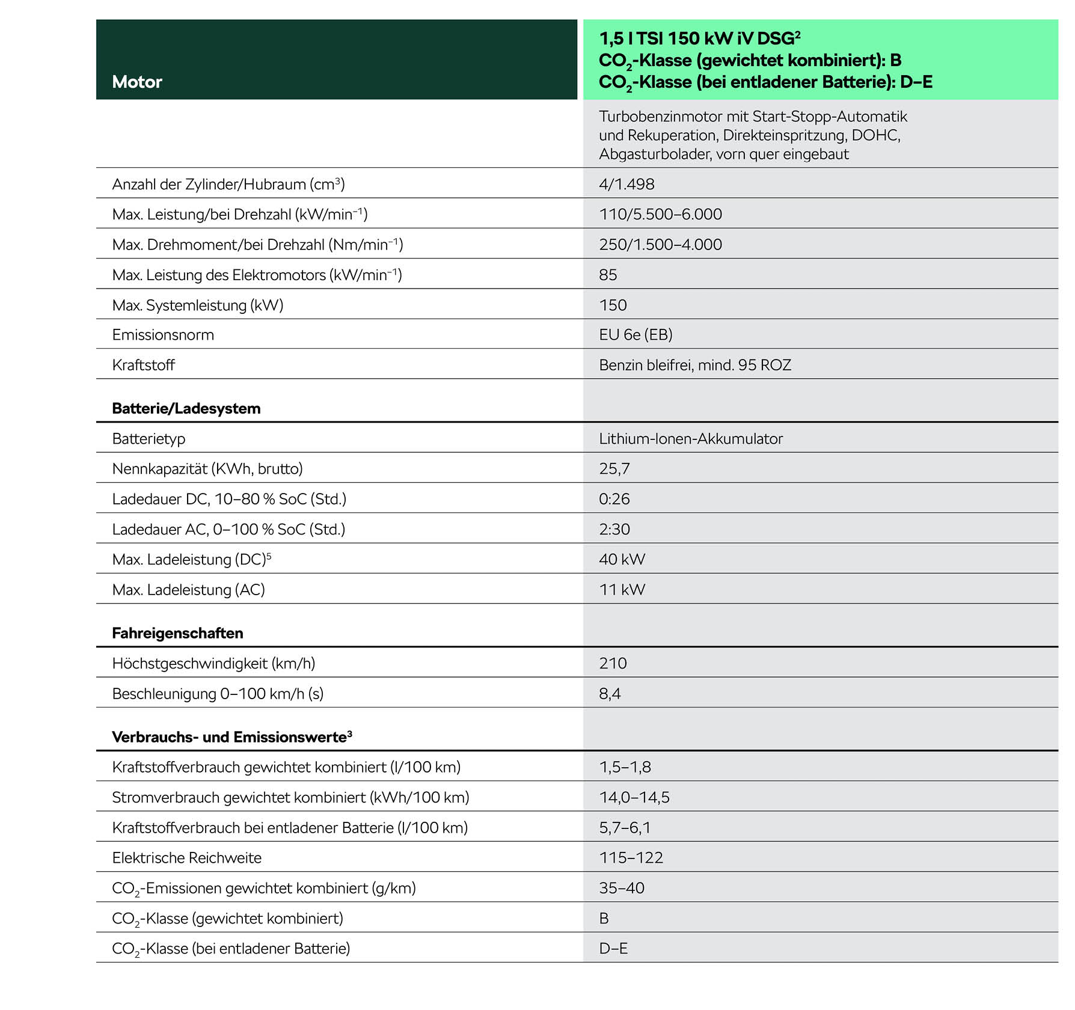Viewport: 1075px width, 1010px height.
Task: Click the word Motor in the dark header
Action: tap(137, 82)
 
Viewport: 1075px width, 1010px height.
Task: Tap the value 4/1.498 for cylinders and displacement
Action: tap(626, 184)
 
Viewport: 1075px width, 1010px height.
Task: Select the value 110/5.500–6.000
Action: tap(660, 214)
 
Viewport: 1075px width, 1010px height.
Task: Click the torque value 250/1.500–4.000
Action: tap(660, 244)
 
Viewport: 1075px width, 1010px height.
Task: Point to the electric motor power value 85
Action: tap(608, 275)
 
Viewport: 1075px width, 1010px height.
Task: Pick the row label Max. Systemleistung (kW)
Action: tap(197, 305)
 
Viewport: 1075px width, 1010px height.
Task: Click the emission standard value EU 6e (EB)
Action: tap(636, 335)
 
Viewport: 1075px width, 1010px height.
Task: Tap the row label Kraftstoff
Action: tap(143, 365)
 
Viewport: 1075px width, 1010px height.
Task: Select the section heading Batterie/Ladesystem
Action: tap(186, 409)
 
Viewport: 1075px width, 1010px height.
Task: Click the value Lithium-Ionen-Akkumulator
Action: tap(691, 439)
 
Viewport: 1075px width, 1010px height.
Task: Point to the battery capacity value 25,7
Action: tap(614, 469)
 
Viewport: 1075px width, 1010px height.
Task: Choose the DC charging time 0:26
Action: tap(614, 499)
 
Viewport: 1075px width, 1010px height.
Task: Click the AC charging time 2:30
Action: tap(614, 529)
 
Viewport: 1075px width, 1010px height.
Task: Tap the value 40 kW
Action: tap(622, 559)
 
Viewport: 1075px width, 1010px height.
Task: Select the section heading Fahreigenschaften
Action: tap(177, 633)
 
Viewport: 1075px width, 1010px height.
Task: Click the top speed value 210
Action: tap(613, 663)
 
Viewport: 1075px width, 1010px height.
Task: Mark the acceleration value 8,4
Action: tap(610, 694)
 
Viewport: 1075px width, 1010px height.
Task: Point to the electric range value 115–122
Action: tap(631, 858)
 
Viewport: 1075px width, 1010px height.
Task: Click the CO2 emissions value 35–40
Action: tap(622, 888)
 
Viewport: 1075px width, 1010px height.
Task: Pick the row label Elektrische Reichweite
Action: tap(186, 858)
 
